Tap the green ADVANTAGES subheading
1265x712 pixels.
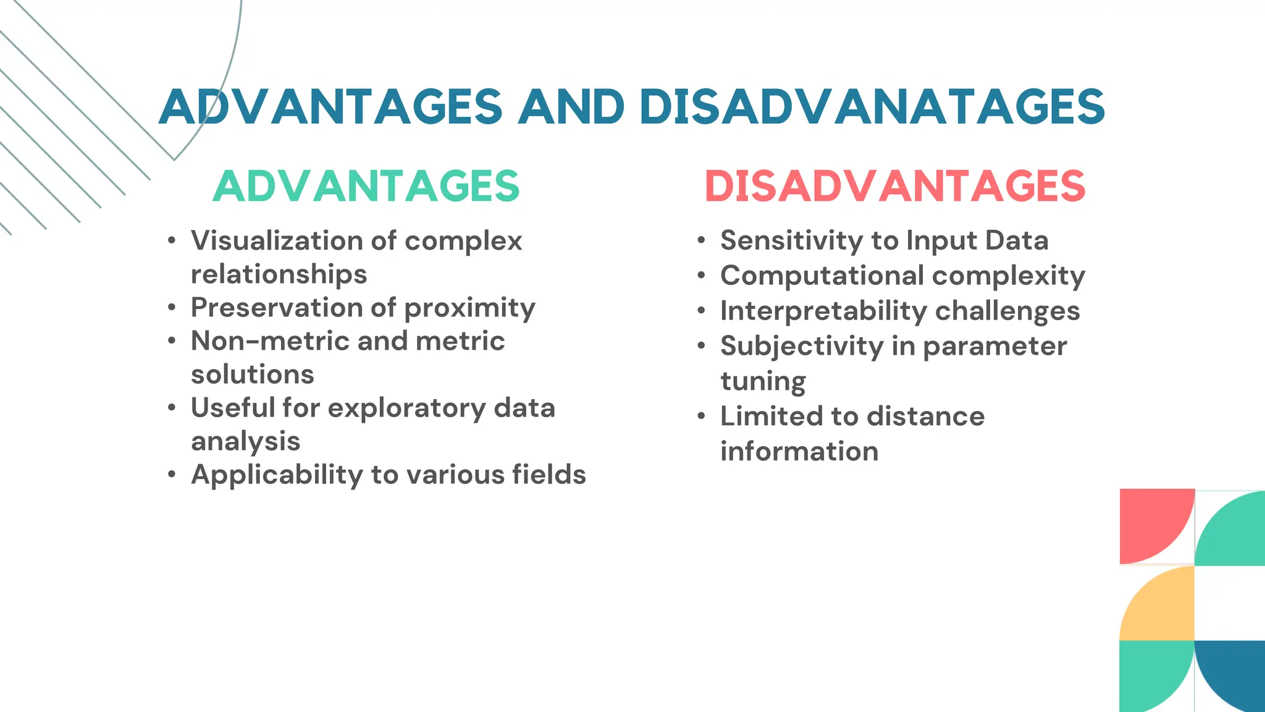click(366, 186)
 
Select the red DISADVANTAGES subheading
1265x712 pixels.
click(895, 186)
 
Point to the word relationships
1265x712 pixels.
click(279, 274)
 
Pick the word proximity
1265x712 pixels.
click(469, 308)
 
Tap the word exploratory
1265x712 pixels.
click(406, 409)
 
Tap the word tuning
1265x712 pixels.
click(763, 382)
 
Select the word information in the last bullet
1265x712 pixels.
click(799, 451)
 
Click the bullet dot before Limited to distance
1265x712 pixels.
click(701, 417)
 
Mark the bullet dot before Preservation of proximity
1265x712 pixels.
click(172, 308)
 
